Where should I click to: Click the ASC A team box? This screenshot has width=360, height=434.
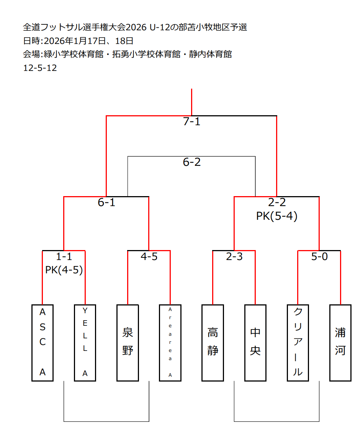43,342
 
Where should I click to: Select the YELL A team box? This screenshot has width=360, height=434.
85,342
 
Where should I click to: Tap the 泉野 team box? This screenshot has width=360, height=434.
128,342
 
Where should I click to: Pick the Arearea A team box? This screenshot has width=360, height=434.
170,342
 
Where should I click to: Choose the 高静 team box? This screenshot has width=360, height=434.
213,342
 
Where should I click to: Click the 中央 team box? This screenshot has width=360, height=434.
255,342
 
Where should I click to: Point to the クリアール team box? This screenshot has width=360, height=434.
298,342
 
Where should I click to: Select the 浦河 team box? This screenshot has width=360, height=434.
340,342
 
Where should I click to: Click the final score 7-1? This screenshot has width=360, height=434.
191,122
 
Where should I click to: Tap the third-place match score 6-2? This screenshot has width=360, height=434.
191,162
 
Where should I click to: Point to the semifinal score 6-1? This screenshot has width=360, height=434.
106,202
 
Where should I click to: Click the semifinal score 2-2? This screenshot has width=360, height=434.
277,202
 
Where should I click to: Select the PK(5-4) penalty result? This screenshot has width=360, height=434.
277,216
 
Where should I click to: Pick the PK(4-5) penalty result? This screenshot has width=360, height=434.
64,270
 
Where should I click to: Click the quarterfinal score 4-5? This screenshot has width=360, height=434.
149,257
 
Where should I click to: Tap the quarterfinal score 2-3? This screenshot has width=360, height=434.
234,257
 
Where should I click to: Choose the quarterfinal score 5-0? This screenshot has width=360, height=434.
319,257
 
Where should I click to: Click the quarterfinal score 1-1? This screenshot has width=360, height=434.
64,257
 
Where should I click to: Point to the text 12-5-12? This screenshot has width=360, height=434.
40,68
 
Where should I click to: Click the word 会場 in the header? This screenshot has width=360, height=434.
31,54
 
